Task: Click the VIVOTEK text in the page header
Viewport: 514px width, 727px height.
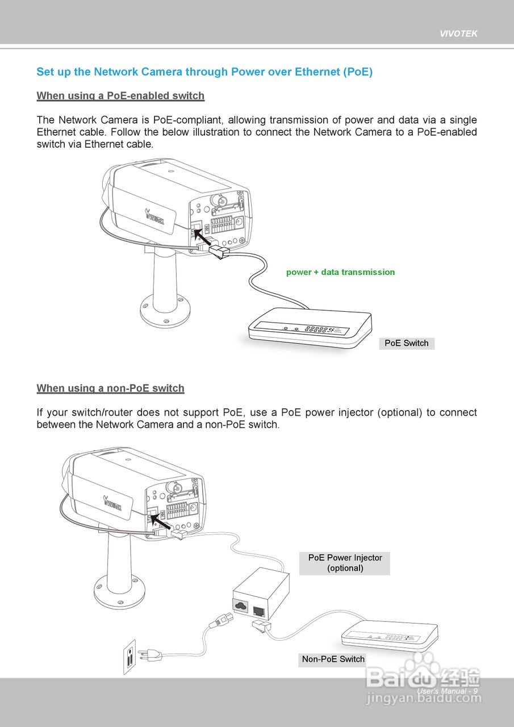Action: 458,34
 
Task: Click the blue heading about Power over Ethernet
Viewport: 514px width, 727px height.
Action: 204,72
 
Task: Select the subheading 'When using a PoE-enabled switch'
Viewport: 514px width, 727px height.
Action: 120,95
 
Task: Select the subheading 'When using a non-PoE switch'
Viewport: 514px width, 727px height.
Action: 110,388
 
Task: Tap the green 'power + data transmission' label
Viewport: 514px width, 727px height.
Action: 340,272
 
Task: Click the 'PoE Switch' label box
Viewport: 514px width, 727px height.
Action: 407,343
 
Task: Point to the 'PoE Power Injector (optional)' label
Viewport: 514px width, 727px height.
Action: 345,562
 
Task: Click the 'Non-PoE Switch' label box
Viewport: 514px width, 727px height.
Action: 333,659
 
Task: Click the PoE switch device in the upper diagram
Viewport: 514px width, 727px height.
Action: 310,329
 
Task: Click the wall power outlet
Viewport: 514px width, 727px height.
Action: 130,657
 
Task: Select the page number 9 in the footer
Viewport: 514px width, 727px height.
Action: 475,691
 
